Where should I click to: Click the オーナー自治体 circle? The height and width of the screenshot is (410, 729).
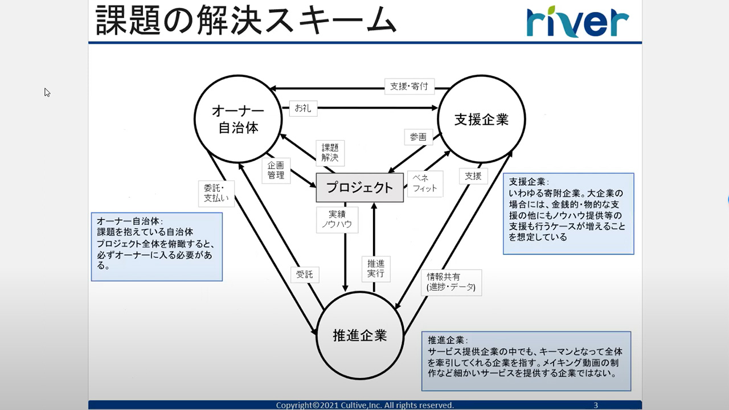click(238, 119)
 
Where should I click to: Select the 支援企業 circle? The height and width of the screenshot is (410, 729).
click(481, 119)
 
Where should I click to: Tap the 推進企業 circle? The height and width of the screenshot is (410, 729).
click(360, 335)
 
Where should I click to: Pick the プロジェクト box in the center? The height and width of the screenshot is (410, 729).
click(359, 188)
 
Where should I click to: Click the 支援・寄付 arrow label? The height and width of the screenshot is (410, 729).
click(409, 87)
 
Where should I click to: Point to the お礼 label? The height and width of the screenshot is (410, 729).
click(303, 108)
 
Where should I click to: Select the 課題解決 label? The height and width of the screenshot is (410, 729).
click(330, 152)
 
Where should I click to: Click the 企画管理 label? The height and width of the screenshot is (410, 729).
click(276, 170)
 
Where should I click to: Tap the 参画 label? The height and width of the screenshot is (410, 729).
click(418, 137)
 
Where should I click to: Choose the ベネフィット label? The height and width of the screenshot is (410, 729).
click(424, 183)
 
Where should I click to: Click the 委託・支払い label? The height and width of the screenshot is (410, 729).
click(216, 192)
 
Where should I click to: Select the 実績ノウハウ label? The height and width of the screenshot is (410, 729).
click(337, 219)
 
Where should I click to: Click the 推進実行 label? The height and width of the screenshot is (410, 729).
click(375, 268)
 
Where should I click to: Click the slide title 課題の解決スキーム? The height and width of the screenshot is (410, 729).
click(245, 21)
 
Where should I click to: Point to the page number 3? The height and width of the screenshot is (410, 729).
click(596, 405)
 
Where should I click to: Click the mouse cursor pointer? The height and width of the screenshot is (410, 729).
click(47, 92)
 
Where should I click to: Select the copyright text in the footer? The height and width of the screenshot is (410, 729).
click(364, 405)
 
